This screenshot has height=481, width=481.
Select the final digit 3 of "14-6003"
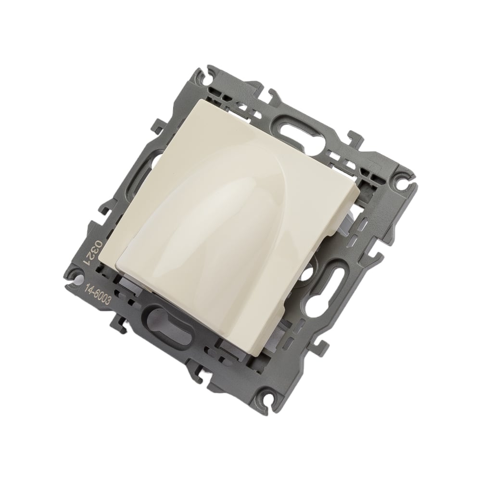108,302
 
